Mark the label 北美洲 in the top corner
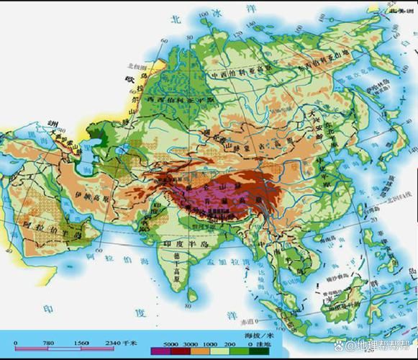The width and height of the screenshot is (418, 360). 401,11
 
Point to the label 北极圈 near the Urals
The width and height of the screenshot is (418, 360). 136,66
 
